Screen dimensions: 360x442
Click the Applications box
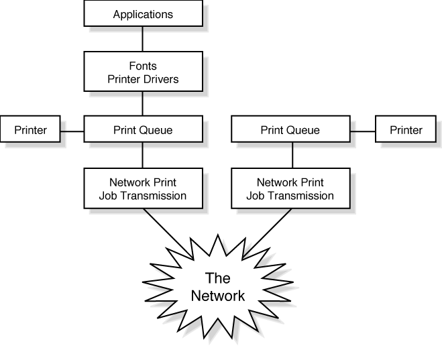pos(143,14)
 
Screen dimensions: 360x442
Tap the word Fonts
pos(143,66)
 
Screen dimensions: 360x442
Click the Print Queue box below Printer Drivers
pos(143,129)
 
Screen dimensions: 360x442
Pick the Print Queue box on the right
pos(290,129)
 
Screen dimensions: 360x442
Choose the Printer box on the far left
pos(30,129)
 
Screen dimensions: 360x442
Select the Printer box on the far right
pos(406,129)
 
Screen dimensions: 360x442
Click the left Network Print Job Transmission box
pos(143,188)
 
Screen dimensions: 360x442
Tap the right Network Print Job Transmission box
pos(290,188)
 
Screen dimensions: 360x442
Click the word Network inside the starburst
pos(218,296)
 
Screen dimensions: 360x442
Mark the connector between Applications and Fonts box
pos(143,40)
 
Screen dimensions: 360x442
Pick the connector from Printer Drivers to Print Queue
pos(143,103)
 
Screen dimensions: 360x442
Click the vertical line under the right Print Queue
pos(291,155)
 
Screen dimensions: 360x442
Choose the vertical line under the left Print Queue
pos(143,155)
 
